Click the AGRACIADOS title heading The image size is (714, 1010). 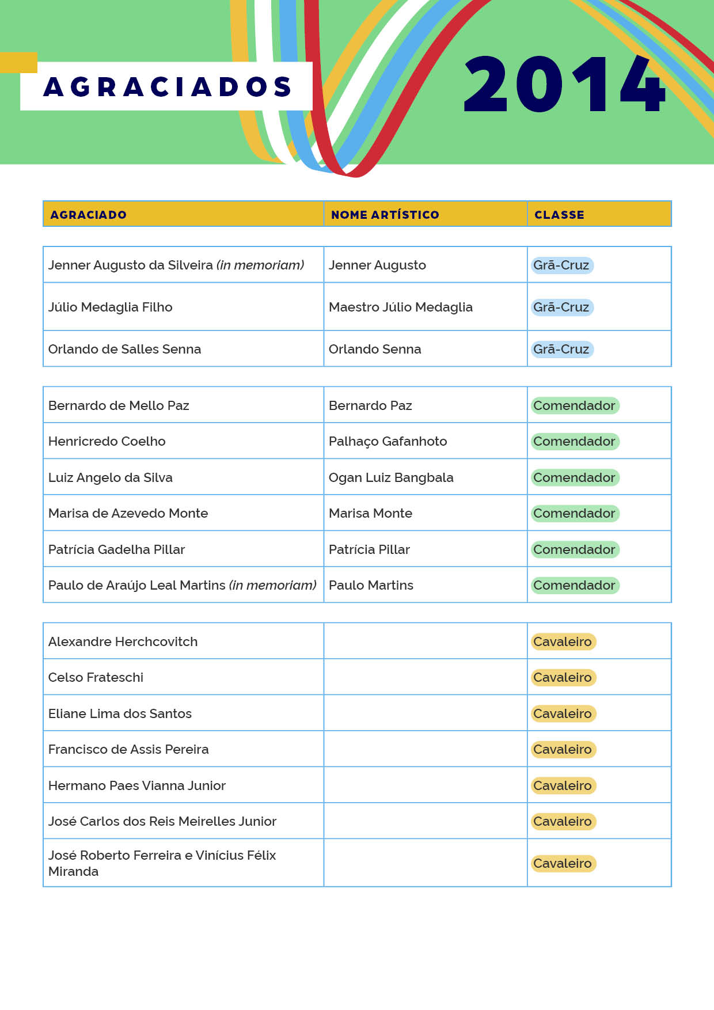(x=167, y=86)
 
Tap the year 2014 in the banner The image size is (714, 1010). (x=564, y=84)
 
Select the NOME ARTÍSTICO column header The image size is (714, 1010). (x=385, y=215)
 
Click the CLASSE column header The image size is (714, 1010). (x=559, y=215)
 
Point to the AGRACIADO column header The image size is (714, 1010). (x=88, y=215)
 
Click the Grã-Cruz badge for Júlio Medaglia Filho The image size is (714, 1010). (x=561, y=307)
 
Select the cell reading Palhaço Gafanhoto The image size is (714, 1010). (x=388, y=442)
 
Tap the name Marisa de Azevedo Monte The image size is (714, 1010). (x=128, y=514)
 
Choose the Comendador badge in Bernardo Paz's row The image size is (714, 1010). (x=574, y=406)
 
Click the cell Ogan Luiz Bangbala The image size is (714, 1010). (x=391, y=478)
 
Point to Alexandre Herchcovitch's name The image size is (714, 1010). (x=123, y=642)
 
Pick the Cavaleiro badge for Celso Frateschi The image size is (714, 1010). (x=563, y=678)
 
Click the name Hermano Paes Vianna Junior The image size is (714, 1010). (x=136, y=786)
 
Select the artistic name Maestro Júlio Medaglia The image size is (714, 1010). (x=400, y=307)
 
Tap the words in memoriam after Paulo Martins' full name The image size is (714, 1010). (x=273, y=586)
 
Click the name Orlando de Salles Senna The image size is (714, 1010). (x=124, y=350)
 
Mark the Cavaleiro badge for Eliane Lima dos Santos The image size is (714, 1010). (x=563, y=714)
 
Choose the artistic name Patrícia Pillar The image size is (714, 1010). (x=369, y=550)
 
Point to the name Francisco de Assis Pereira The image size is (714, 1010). (x=128, y=750)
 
